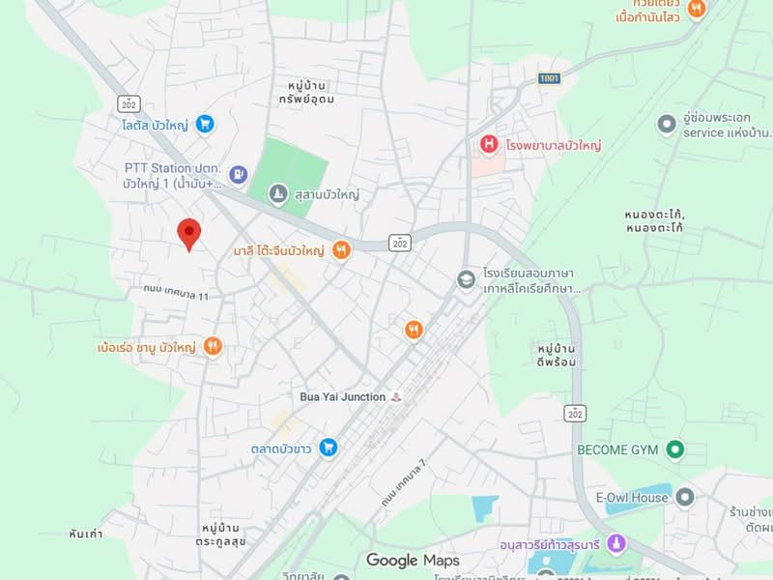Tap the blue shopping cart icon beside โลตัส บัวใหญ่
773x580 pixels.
click(x=204, y=124)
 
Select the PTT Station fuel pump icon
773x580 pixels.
click(x=239, y=174)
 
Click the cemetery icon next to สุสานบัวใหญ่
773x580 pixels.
click(x=278, y=194)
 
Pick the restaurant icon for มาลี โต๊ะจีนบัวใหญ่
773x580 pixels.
click(x=340, y=251)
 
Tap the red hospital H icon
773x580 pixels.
click(x=490, y=145)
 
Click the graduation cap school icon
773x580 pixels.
click(x=467, y=279)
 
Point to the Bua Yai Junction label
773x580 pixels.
click(x=342, y=397)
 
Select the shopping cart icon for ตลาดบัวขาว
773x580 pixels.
click(x=329, y=447)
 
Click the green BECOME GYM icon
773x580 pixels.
click(x=675, y=449)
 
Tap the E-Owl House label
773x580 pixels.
click(x=632, y=498)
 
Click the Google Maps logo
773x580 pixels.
click(x=413, y=561)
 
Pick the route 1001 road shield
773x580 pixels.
click(x=549, y=77)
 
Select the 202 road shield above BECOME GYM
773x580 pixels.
click(x=577, y=412)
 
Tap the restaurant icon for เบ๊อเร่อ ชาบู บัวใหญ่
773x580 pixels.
click(x=213, y=345)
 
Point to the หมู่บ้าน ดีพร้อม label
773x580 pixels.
click(x=556, y=355)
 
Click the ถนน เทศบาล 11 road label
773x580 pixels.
click(x=176, y=292)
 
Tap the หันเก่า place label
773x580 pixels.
click(x=86, y=534)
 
